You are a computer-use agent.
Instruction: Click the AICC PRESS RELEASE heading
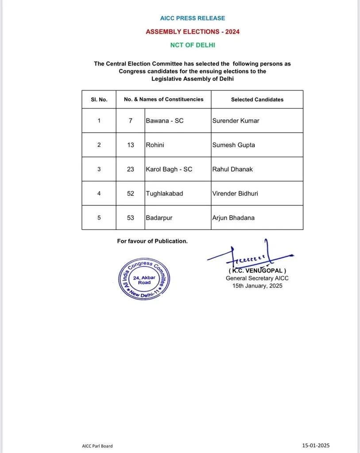click(192, 18)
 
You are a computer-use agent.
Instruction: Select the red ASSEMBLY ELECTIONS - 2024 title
click(193, 32)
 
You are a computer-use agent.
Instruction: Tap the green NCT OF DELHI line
click(193, 45)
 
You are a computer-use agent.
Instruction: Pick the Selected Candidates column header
click(257, 100)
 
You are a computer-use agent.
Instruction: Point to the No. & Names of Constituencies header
click(163, 99)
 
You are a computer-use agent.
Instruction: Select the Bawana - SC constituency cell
click(164, 120)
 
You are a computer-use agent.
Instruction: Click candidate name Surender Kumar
click(236, 120)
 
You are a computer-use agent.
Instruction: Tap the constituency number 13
click(130, 145)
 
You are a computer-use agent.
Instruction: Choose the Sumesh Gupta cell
click(233, 145)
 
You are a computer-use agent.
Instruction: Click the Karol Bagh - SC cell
click(169, 169)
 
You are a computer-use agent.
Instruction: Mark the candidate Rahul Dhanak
click(232, 169)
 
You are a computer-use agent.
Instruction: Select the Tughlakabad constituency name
click(164, 193)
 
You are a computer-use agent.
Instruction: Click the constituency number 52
click(130, 193)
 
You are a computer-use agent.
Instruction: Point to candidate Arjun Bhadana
click(233, 218)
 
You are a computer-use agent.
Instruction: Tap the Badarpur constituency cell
click(160, 218)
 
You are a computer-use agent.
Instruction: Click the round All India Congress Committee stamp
click(144, 279)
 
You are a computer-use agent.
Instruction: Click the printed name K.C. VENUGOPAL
click(257, 270)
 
